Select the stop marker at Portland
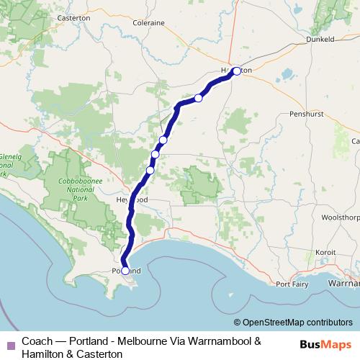pyautogui.click(x=125, y=271)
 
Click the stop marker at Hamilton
pyautogui.click(x=236, y=71)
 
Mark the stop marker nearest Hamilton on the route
pyautogui.click(x=198, y=98)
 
